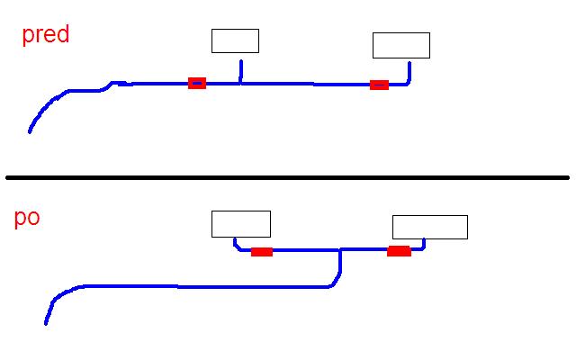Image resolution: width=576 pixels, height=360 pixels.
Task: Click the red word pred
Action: click(x=45, y=37)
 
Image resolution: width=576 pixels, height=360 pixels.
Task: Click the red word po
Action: click(x=27, y=220)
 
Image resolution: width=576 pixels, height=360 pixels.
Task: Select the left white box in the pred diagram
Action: click(x=235, y=40)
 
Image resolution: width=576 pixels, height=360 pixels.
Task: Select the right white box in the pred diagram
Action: click(x=400, y=45)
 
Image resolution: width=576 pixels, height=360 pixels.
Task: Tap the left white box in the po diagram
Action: click(x=240, y=224)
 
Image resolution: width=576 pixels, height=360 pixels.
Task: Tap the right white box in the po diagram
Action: click(x=429, y=227)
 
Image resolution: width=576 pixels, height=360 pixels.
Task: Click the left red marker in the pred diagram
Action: click(x=197, y=83)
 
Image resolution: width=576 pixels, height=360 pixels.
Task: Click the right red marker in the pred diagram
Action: click(x=379, y=85)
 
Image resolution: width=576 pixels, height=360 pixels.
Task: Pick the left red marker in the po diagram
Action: click(x=262, y=251)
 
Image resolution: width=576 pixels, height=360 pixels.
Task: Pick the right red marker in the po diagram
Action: click(x=399, y=250)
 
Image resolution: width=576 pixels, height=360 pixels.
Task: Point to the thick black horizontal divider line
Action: click(x=288, y=177)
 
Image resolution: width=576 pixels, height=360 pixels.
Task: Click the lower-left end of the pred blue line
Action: click(x=30, y=131)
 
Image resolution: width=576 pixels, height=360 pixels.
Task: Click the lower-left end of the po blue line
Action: click(x=46, y=322)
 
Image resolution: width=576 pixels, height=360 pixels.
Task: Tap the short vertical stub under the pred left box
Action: click(x=240, y=71)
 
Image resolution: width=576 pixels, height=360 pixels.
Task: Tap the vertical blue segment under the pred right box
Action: click(x=409, y=72)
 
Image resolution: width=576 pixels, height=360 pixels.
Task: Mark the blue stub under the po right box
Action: click(x=424, y=244)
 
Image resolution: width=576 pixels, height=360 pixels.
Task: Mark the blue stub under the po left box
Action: click(x=235, y=243)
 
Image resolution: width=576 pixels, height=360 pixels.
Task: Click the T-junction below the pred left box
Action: click(x=240, y=84)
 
